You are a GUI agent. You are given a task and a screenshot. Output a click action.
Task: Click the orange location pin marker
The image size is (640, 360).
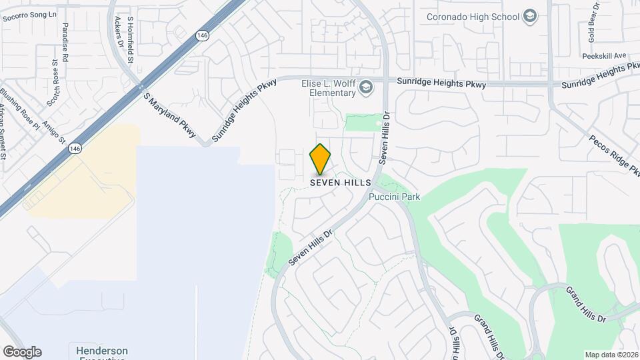pyautogui.click(x=320, y=159)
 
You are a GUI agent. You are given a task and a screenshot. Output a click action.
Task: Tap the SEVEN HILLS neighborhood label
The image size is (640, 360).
pyautogui.click(x=339, y=182)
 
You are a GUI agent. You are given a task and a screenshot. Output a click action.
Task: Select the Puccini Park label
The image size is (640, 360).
pyautogui.click(x=395, y=197)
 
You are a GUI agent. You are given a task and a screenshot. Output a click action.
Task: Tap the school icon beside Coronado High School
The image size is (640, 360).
pyautogui.click(x=530, y=17)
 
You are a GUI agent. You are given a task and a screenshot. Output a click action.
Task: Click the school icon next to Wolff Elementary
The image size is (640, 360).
pyautogui.click(x=366, y=87)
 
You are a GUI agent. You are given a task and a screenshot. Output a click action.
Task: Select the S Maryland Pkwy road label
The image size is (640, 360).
pyautogui.click(x=169, y=112)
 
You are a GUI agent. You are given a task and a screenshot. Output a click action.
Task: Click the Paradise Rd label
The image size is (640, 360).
pyautogui.click(x=65, y=43)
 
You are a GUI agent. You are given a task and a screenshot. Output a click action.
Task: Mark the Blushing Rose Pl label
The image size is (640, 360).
pyautogui.click(x=13, y=107)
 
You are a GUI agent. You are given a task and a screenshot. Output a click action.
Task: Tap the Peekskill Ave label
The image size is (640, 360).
pyautogui.click(x=606, y=55)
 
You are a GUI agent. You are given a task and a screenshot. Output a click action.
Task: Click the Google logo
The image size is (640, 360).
pyautogui.click(x=22, y=352)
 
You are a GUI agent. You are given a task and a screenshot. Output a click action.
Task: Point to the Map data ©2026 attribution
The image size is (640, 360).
pyautogui.click(x=611, y=355)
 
